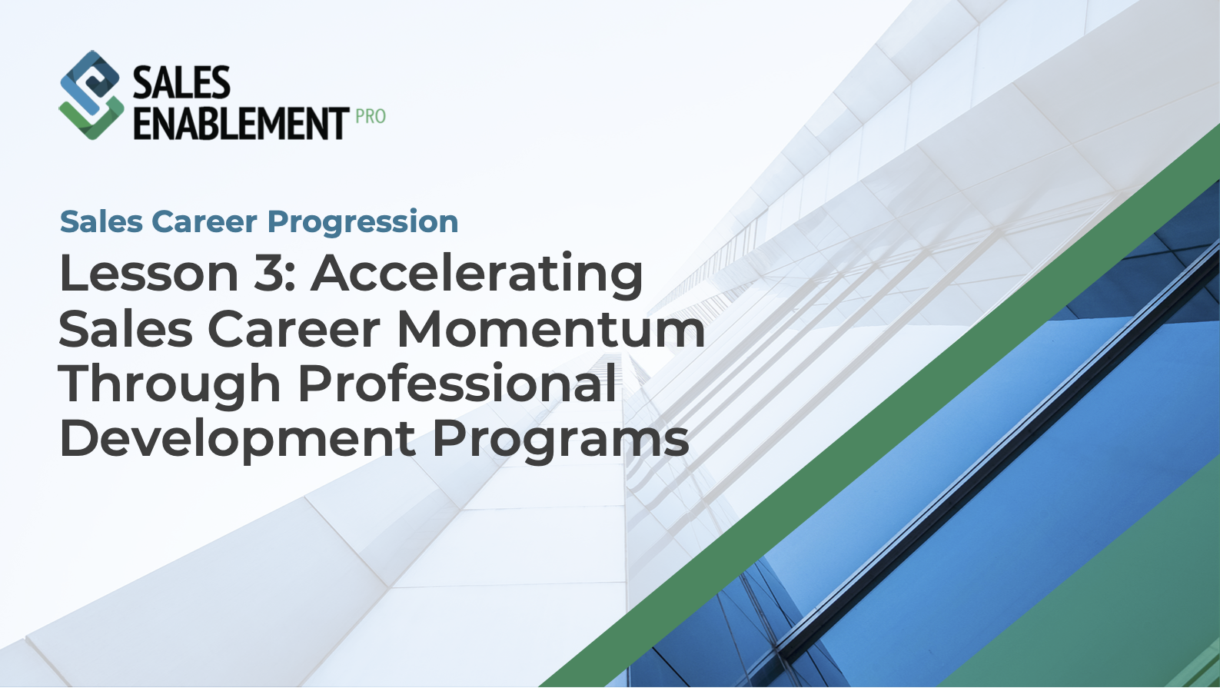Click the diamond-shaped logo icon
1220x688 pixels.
pos(91,95)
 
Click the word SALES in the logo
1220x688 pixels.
pos(181,83)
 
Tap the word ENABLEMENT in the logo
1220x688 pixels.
pos(241,124)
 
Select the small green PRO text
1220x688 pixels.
pos(371,117)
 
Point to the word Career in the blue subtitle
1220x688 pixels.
pos(204,222)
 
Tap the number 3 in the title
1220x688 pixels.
pos(268,274)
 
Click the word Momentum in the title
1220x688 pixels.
pos(550,329)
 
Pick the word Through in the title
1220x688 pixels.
pos(169,384)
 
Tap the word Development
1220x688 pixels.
pos(237,440)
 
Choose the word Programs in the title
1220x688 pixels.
pos(560,440)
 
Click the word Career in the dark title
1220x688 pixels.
pos(294,329)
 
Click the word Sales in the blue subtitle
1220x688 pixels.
pos(101,222)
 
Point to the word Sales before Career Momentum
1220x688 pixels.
pos(125,329)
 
